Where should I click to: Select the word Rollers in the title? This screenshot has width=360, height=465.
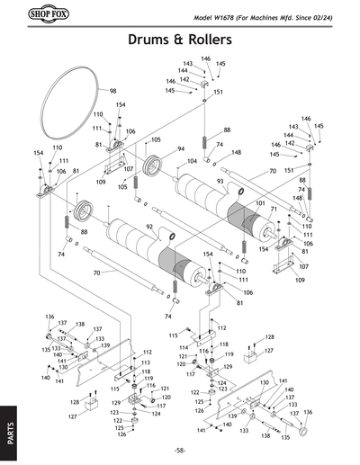pyautogui.click(x=212, y=40)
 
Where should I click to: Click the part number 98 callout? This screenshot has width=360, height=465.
pyautogui.click(x=113, y=91)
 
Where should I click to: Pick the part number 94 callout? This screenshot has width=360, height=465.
pyautogui.click(x=181, y=148)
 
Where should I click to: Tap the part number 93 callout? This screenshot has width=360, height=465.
pyautogui.click(x=219, y=182)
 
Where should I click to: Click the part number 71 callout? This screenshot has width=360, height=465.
pyautogui.click(x=273, y=210)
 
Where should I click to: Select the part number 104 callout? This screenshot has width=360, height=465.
pyautogui.click(x=192, y=161)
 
